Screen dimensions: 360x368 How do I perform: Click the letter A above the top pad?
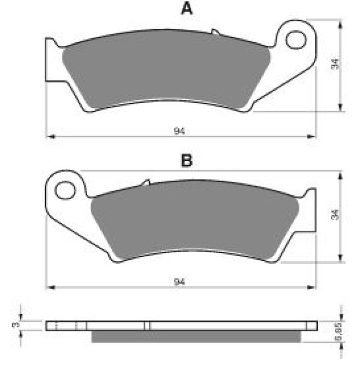(x=187, y=9)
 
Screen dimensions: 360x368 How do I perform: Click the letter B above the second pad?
(x=187, y=160)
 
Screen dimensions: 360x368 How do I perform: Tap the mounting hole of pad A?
(x=296, y=39)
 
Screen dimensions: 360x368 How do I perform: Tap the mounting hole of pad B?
(x=65, y=190)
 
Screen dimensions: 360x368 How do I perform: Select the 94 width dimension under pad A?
(x=179, y=131)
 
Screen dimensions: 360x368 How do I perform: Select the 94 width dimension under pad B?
(x=179, y=281)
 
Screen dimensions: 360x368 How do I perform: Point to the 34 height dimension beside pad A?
(x=335, y=64)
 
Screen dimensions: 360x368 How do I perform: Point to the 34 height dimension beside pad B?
(x=335, y=214)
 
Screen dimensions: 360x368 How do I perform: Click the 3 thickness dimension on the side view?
(x=16, y=325)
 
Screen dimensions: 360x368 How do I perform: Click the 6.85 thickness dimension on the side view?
(x=339, y=331)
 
